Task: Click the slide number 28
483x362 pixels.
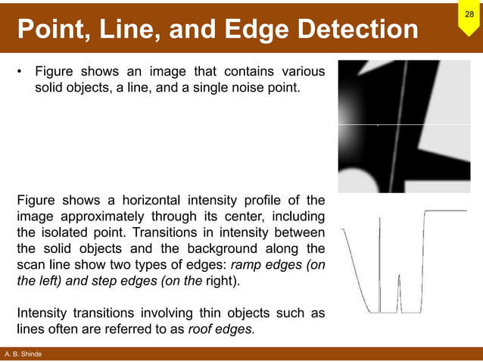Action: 469,15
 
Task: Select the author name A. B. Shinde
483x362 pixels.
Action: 23,354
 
